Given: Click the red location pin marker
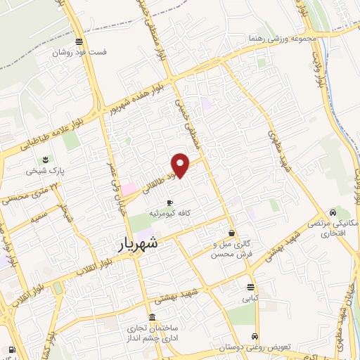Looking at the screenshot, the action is (181, 165).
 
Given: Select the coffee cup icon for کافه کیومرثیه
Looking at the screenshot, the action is (169, 202).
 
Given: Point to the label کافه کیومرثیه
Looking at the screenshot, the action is (169, 212).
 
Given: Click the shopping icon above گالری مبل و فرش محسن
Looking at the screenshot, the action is (232, 233).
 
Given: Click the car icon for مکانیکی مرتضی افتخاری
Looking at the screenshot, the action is (333, 212).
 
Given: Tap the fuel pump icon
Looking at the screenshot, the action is (11, 349).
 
